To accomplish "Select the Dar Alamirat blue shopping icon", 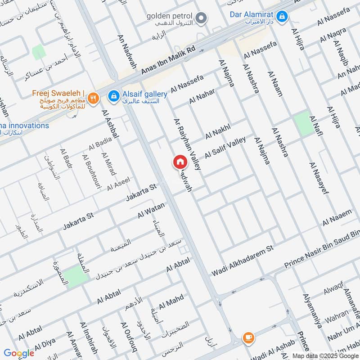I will (x=282, y=17).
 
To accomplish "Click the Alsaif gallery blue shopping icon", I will (x=115, y=95).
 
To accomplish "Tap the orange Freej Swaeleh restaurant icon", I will (x=93, y=98).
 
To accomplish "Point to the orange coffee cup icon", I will (x=248, y=337).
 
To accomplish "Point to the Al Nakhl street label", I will (x=218, y=130).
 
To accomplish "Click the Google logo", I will (x=19, y=353).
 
